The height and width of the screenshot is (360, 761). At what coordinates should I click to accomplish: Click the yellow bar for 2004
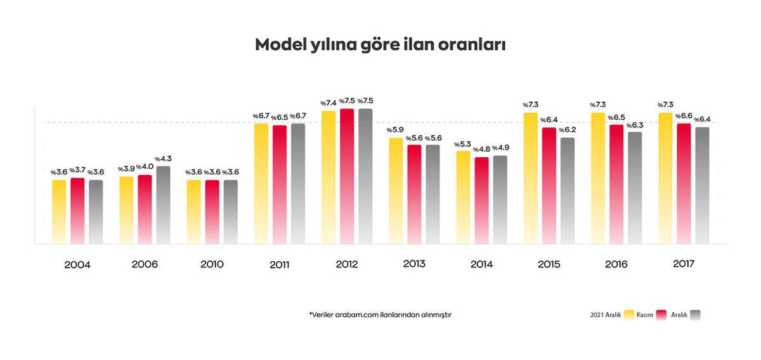pos(59,212)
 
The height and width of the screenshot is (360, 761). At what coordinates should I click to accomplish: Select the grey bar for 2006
pos(163,205)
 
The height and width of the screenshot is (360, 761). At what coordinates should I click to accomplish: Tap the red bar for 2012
pos(347,176)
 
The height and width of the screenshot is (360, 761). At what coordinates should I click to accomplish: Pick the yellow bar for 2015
pos(530,178)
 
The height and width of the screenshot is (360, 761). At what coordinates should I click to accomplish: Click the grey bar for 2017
pos(702,185)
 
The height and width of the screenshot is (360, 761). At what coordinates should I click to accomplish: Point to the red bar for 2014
pos(482,200)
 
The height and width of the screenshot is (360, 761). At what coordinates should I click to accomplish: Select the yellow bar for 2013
pos(396,190)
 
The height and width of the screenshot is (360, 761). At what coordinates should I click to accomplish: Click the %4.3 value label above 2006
pos(163,158)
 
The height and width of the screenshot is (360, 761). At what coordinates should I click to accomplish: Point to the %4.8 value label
pos(482,150)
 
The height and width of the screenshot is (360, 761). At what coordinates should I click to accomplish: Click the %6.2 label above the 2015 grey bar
pos(567,130)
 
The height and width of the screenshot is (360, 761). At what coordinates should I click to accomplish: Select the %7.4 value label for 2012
pos(328,103)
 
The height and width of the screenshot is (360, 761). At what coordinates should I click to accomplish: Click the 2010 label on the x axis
pos(212,264)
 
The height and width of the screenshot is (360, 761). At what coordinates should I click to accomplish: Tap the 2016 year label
pos(615,264)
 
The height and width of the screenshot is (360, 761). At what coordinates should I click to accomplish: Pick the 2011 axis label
pos(279,264)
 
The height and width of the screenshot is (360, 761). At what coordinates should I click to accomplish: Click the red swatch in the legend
pos(663,315)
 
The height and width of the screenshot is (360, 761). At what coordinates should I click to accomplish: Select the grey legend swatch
pos(695,315)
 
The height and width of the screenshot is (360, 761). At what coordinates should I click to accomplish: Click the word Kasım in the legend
pos(646,315)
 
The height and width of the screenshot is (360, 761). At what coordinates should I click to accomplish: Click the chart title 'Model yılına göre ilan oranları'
pos(380,45)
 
